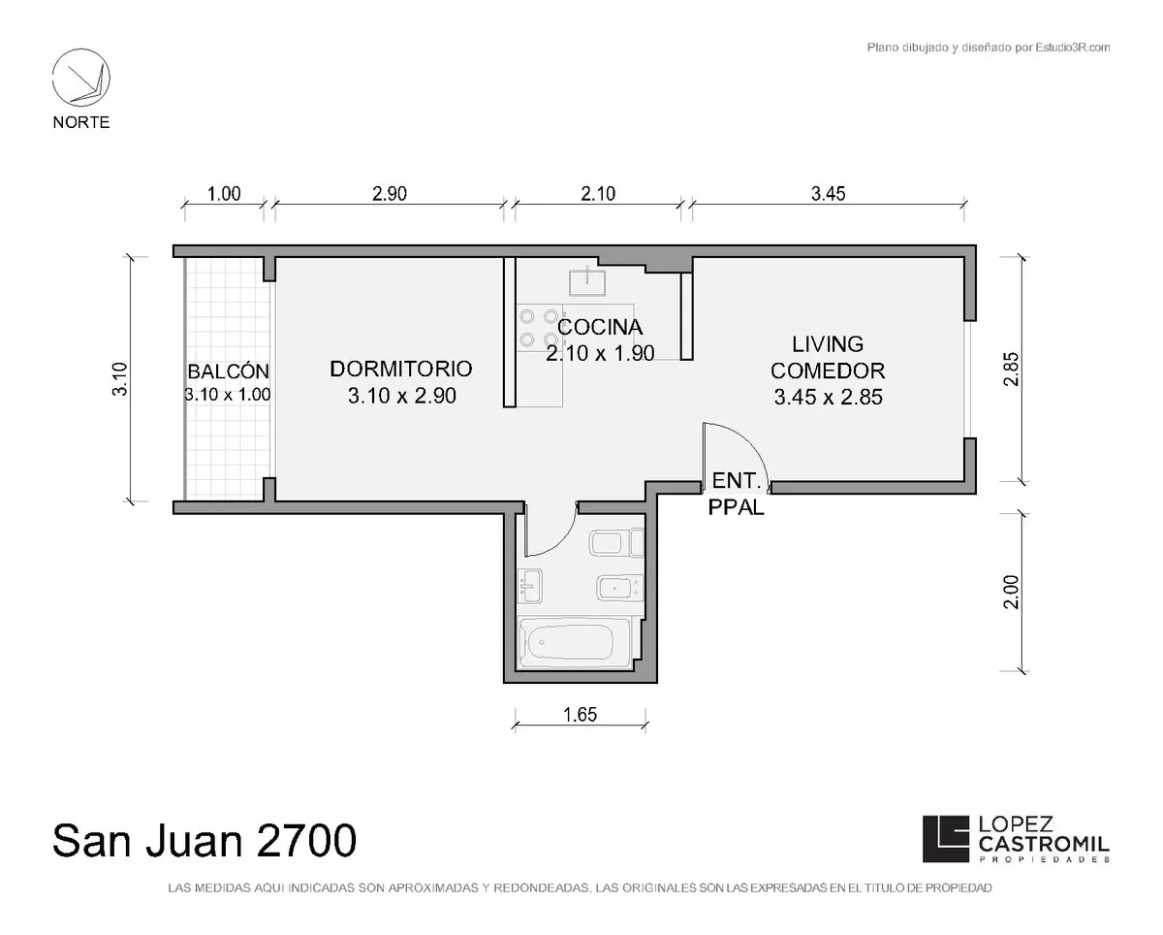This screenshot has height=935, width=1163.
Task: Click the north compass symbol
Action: click(81, 78)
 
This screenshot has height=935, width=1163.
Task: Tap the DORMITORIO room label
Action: click(401, 369)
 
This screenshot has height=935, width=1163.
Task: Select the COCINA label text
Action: click(600, 327)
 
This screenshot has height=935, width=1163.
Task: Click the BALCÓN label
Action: click(228, 371)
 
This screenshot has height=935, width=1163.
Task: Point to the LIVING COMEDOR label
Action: click(828, 358)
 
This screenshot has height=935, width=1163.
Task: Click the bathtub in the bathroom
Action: click(574, 642)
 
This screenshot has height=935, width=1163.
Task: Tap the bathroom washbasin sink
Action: click(530, 585)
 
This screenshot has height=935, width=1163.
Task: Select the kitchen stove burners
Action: click(539, 328)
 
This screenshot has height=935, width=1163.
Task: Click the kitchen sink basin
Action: click(587, 281)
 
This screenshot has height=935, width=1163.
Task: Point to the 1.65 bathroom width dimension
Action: click(580, 715)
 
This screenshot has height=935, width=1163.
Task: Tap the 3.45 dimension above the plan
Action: click(828, 194)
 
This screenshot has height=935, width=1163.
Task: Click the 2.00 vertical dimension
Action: click(1011, 593)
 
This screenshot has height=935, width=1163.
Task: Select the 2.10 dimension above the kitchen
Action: click(598, 194)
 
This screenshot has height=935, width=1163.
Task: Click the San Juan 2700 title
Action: click(204, 840)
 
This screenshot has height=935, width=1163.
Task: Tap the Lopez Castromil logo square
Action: click(946, 839)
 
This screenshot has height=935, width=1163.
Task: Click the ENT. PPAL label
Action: click(736, 494)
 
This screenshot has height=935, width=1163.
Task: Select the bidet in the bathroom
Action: click(620, 588)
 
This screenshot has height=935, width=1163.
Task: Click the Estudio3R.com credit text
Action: click(989, 48)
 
